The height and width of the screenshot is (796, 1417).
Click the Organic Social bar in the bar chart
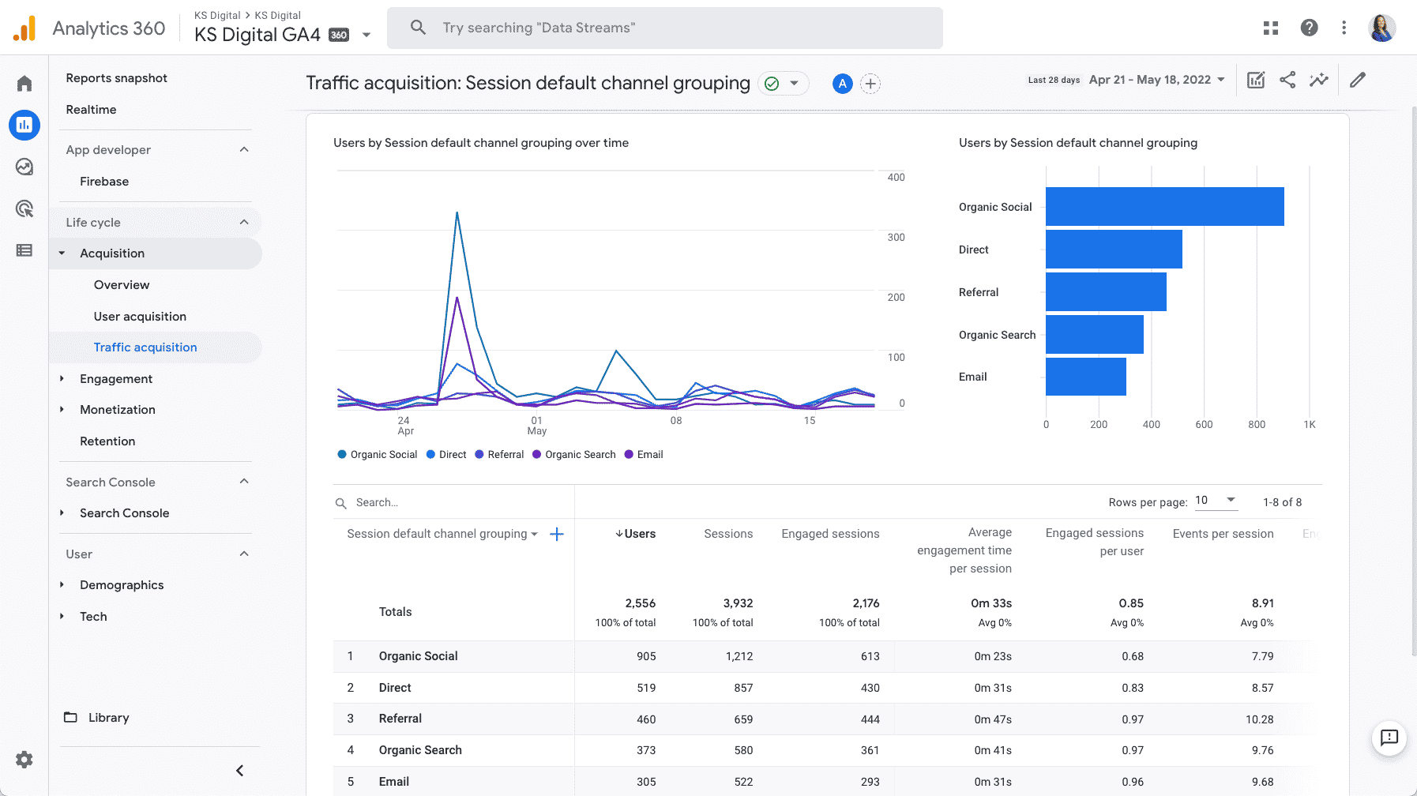click(1164, 206)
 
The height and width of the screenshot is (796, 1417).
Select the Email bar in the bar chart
click(1085, 377)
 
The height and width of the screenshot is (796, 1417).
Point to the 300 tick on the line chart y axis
click(896, 238)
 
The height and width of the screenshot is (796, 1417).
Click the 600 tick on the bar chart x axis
click(1204, 425)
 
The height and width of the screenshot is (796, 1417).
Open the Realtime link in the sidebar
click(91, 110)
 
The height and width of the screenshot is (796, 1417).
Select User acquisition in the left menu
click(140, 317)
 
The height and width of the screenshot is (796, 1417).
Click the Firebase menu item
click(104, 182)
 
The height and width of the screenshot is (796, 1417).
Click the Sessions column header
click(727, 534)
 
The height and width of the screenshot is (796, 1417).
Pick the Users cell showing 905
click(646, 656)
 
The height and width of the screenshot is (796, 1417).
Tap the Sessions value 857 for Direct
click(742, 688)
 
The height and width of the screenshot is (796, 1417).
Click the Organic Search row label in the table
click(420, 750)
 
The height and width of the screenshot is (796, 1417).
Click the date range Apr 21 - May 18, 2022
click(1150, 80)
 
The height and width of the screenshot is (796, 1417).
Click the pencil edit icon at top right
click(1357, 80)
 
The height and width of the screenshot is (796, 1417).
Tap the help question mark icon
click(1309, 28)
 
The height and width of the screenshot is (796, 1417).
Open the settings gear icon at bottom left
click(24, 760)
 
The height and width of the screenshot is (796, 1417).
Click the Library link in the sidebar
click(108, 718)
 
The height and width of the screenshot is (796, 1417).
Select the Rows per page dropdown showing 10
click(1215, 501)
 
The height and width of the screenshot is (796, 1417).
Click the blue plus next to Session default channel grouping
click(557, 535)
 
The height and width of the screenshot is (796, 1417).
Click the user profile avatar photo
click(1381, 28)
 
